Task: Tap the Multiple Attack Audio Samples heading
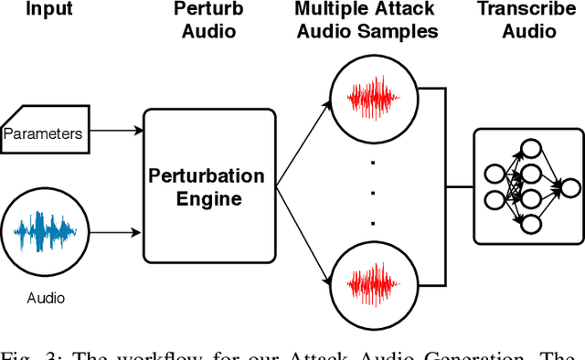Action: [366, 21]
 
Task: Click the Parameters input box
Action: [43, 134]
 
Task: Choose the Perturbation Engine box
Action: [209, 185]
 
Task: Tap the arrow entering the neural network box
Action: [459, 186]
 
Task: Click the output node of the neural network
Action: [570, 187]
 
